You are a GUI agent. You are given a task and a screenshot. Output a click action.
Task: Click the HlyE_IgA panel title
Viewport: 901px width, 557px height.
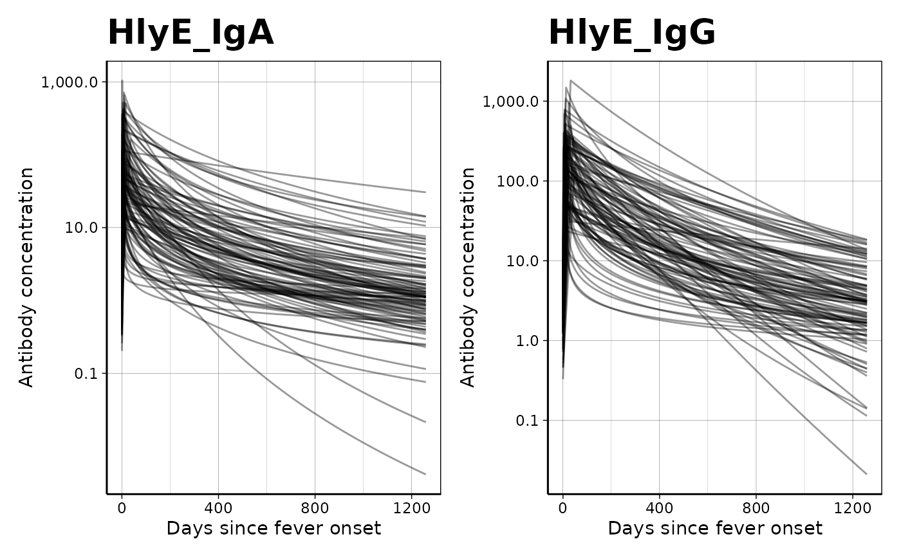coord(190,33)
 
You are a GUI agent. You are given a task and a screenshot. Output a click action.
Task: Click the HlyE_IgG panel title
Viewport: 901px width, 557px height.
coord(631,33)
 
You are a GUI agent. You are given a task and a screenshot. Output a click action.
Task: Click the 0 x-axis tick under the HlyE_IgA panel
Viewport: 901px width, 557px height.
coord(122,506)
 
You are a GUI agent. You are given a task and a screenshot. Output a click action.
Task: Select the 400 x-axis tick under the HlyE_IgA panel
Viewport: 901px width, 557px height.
coord(218,506)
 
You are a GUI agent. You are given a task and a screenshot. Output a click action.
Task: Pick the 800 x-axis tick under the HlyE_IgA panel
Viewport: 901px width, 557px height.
coord(315,506)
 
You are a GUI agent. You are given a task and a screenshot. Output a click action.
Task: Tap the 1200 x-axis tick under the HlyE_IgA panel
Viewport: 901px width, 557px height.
coord(411,506)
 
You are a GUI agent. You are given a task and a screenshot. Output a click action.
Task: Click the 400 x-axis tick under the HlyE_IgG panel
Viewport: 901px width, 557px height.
coord(659,506)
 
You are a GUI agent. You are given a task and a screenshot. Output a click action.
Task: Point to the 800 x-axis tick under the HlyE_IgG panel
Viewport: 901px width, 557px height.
coord(756,506)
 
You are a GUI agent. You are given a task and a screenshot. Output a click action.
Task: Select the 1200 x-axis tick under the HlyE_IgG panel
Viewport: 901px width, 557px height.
coord(852,506)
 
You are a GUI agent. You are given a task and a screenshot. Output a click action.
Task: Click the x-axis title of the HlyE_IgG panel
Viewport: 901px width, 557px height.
coord(715,529)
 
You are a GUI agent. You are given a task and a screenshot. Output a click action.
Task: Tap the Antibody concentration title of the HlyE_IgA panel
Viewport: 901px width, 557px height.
coord(26,277)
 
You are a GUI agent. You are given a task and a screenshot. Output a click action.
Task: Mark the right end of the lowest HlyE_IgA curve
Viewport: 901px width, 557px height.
coord(425,474)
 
